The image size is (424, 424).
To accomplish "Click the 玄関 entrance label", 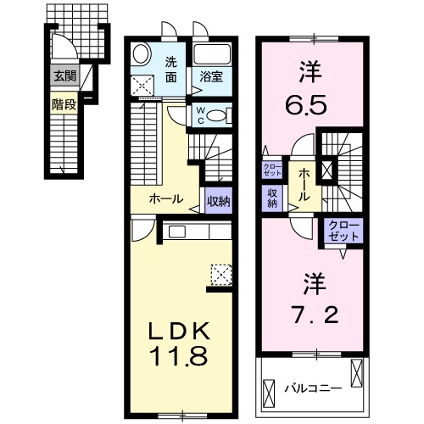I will point(64,76).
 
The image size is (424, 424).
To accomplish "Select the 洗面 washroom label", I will point(171,69).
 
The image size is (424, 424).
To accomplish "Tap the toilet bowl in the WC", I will point(217,115).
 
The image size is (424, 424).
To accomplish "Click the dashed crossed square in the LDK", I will point(221,274).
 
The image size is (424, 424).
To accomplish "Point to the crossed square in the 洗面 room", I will point(142,86).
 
